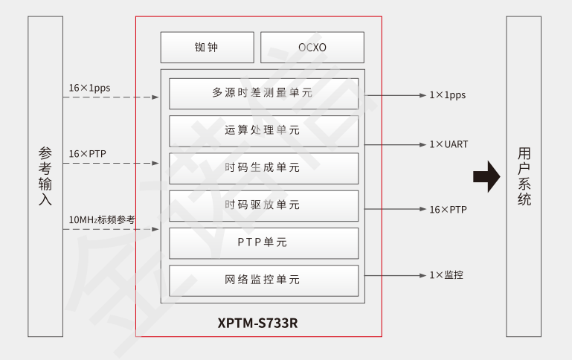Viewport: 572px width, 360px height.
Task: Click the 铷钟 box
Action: click(208, 47)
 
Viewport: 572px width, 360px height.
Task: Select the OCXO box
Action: click(312, 47)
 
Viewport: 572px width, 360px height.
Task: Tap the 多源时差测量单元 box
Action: click(263, 93)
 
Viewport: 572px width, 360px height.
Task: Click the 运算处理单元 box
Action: click(263, 130)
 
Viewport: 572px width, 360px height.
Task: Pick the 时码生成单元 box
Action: click(263, 168)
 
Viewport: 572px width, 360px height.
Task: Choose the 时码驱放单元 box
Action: click(263, 205)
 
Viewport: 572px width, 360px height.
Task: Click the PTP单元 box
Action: click(263, 242)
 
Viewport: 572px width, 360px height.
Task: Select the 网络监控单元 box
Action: click(263, 280)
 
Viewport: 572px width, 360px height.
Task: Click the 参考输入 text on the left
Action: click(45, 176)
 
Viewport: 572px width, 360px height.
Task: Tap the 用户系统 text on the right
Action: click(524, 176)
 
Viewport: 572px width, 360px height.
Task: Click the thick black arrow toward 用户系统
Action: click(486, 177)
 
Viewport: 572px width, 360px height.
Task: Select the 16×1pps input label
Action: click(89, 88)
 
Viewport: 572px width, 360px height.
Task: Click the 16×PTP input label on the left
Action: click(88, 154)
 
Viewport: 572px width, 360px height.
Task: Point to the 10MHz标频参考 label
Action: click(102, 220)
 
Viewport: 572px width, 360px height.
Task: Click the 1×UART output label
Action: click(449, 144)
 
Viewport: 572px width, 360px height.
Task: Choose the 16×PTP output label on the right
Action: click(448, 210)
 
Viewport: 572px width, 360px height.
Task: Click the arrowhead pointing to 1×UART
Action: click(421, 144)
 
